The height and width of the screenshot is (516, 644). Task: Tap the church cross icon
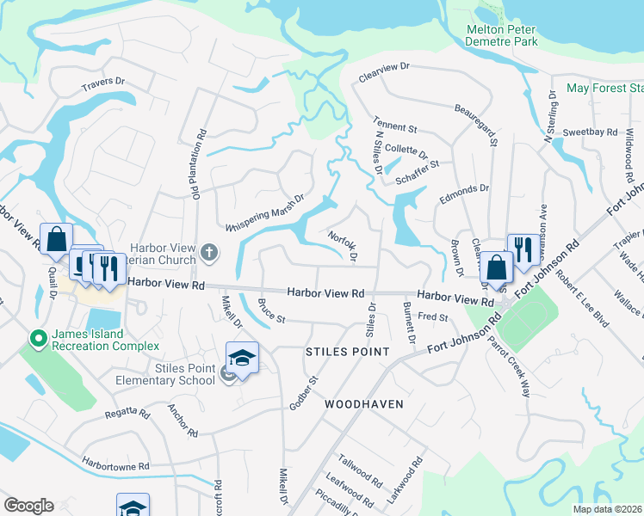point(209,253)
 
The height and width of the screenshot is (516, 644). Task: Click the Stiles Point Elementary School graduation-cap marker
point(242,358)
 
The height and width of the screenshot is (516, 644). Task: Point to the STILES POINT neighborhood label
point(348,352)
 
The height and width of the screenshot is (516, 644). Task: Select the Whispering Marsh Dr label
point(264,212)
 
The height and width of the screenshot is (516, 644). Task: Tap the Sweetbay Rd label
point(591,132)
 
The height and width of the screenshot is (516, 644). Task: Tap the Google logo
point(28,506)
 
